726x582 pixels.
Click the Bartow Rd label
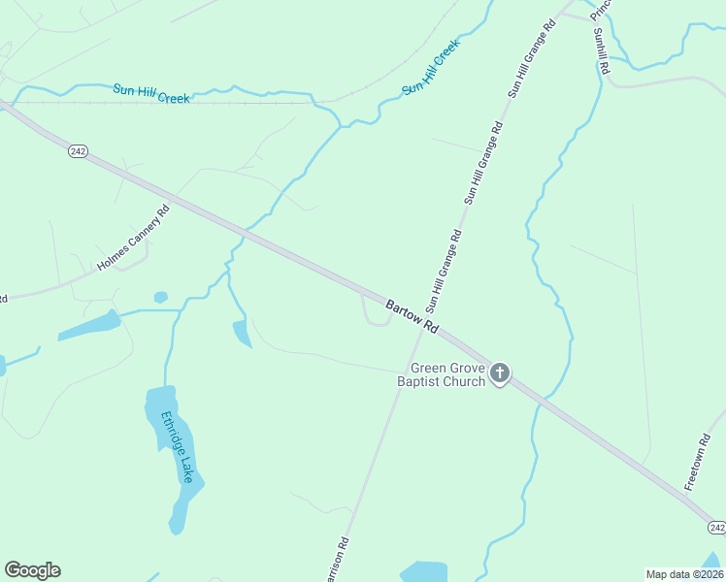[x=412, y=318]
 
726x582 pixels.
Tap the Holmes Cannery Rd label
[x=134, y=238]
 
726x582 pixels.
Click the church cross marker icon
[x=500, y=372]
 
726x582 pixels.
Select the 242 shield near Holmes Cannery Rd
[x=79, y=151]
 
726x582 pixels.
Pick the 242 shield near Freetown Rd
[x=716, y=527]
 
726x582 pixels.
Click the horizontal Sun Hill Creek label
[x=151, y=93]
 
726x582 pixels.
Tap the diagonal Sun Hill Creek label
[x=429, y=68]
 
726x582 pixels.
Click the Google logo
[x=32, y=570]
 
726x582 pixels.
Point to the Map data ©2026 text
[x=684, y=573]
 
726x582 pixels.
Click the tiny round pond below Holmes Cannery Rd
[x=160, y=297]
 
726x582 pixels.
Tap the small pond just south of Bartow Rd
[x=242, y=333]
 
